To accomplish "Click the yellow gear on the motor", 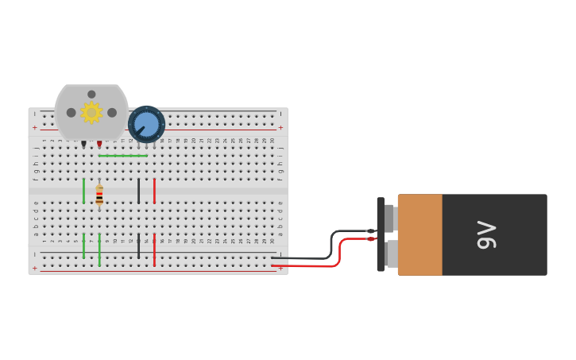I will click(x=91, y=113).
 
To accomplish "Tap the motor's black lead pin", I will click(x=83, y=144).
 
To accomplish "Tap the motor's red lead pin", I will click(x=99, y=144).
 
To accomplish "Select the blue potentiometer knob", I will click(x=146, y=124).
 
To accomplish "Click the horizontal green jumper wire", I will click(x=122, y=156).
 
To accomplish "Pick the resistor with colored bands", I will click(x=99, y=195).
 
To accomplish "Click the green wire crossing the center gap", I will click(x=83, y=191).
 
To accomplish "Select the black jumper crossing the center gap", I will click(x=138, y=191).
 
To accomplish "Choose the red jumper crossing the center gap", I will click(x=154, y=191).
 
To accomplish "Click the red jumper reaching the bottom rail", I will click(x=154, y=250).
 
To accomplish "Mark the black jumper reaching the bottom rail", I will click(x=138, y=246).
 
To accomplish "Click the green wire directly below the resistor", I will click(x=99, y=250).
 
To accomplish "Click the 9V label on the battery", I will click(x=486, y=234).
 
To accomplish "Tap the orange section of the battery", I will click(x=419, y=234).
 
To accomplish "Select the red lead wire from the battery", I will click(x=318, y=265).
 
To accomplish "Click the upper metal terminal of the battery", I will click(x=389, y=218).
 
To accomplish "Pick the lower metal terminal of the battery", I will click(x=391, y=254).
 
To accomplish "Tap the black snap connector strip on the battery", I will click(x=381, y=234).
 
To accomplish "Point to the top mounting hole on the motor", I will click(x=91, y=94).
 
